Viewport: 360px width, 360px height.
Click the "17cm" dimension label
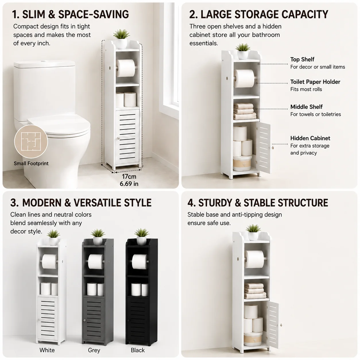(129, 176)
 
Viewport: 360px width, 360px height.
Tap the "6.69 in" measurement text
(129, 184)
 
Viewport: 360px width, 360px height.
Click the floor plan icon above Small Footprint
(31, 142)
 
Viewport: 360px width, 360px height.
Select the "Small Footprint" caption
(31, 163)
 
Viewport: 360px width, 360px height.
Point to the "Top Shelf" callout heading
(302, 59)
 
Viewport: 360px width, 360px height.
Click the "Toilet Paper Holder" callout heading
(315, 82)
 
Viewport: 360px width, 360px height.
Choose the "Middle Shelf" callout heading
(306, 107)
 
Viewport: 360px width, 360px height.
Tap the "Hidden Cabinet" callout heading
(310, 138)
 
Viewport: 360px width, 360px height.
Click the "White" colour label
(47, 350)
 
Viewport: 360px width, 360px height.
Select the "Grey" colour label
(94, 350)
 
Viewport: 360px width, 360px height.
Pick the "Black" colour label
(138, 350)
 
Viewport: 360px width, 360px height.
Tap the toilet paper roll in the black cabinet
(140, 261)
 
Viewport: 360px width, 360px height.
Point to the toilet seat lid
(59, 125)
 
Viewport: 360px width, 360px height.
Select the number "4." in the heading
(191, 203)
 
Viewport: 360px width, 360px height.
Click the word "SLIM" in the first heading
(34, 14)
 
